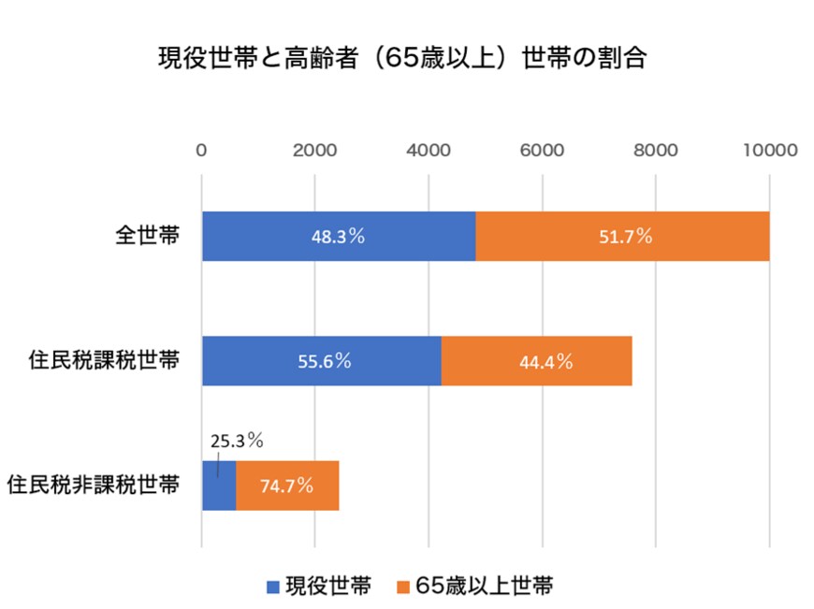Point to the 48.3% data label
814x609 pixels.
338,237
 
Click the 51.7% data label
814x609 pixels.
625,237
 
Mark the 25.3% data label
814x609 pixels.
236,438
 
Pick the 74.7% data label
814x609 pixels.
286,486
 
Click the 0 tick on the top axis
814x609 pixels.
201,151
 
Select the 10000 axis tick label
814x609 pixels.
769,151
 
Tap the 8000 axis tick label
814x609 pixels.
655,151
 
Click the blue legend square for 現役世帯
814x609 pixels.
273,587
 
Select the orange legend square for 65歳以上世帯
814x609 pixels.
404,587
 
